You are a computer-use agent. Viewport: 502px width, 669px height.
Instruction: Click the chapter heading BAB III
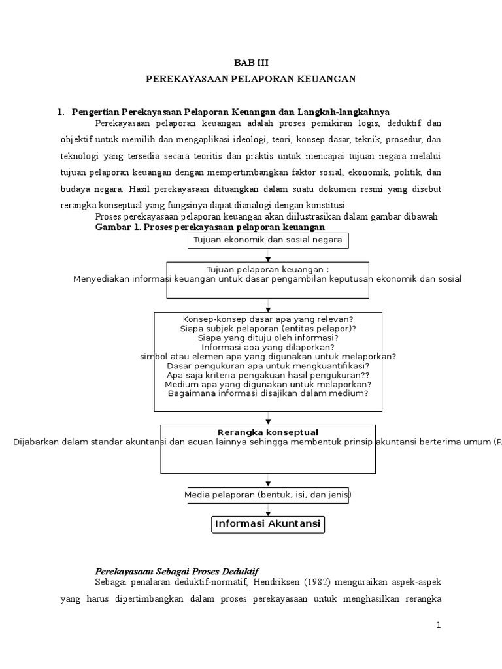click(251, 63)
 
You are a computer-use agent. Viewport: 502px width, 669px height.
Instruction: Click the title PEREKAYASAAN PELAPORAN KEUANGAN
click(251, 79)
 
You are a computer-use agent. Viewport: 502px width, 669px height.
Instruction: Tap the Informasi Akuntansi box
click(268, 524)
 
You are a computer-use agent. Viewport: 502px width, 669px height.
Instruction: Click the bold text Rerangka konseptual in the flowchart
click(268, 432)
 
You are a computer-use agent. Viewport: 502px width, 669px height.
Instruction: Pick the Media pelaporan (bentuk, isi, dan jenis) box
click(268, 495)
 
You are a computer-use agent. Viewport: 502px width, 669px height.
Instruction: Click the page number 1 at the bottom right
click(439, 625)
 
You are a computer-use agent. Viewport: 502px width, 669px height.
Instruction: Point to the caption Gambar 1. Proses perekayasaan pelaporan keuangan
click(210, 227)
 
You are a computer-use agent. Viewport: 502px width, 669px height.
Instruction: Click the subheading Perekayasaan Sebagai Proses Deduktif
click(177, 570)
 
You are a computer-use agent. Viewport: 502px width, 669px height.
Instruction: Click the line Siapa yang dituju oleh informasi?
click(268, 338)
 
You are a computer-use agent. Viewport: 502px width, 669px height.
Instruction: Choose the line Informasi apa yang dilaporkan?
click(268, 347)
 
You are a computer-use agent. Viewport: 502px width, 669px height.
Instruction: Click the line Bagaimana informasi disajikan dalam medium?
click(268, 393)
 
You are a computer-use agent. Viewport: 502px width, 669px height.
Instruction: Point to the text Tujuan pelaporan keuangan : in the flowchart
click(268, 269)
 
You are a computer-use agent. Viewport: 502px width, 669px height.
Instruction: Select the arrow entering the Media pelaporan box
click(268, 483)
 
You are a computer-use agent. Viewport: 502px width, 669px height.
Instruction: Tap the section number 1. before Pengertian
click(61, 112)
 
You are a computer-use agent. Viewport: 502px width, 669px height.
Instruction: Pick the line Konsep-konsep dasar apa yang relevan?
click(268, 319)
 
